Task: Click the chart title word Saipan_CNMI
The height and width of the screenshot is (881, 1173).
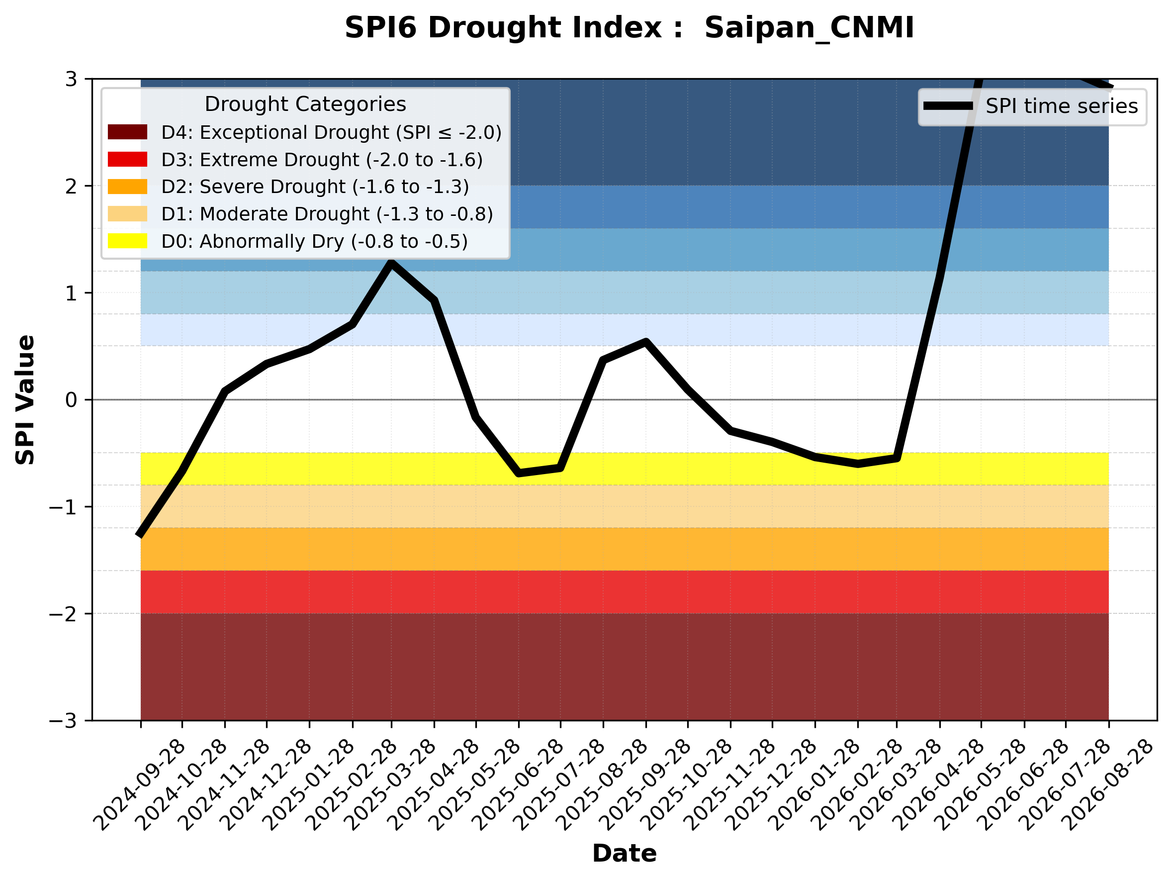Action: [809, 28]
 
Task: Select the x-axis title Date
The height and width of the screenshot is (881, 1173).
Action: [624, 854]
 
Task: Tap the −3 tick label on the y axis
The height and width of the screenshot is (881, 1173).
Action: [63, 721]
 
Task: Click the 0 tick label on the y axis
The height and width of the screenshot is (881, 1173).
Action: [71, 400]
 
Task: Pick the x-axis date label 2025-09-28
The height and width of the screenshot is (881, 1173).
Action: [645, 784]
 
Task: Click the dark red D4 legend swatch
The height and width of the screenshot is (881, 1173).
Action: [127, 132]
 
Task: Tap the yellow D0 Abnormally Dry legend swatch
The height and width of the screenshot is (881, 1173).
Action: [127, 241]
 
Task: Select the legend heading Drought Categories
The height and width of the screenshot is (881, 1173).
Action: [305, 104]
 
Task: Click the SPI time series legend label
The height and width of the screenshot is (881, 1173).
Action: [1062, 106]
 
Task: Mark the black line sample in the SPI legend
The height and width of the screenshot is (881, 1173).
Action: [948, 106]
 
